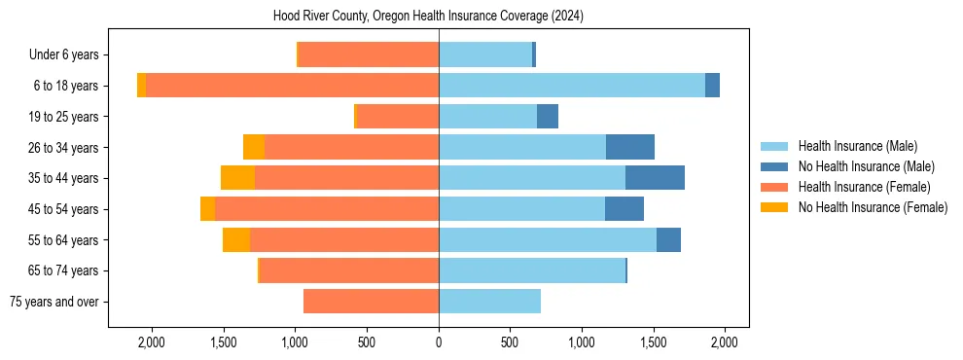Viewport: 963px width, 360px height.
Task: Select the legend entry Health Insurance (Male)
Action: pyautogui.click(x=857, y=146)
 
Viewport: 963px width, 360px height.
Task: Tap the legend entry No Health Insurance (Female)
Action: pyautogui.click(x=872, y=207)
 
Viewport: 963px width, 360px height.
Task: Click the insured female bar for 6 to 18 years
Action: pyautogui.click(x=292, y=86)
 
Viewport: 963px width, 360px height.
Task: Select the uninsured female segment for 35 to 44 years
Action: pyautogui.click(x=237, y=178)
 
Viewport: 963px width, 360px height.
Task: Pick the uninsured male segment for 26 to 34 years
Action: pyautogui.click(x=629, y=147)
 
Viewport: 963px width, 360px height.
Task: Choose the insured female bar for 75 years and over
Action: pyautogui.click(x=371, y=302)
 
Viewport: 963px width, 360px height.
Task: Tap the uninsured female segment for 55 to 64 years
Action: pyautogui.click(x=236, y=239)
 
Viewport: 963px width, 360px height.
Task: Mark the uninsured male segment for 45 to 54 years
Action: pyautogui.click(x=624, y=208)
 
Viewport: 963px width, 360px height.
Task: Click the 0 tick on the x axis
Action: pyautogui.click(x=439, y=342)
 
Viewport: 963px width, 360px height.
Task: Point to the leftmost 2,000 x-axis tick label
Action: pyautogui.click(x=152, y=342)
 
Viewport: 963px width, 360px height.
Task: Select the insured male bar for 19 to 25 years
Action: pyautogui.click(x=487, y=117)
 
